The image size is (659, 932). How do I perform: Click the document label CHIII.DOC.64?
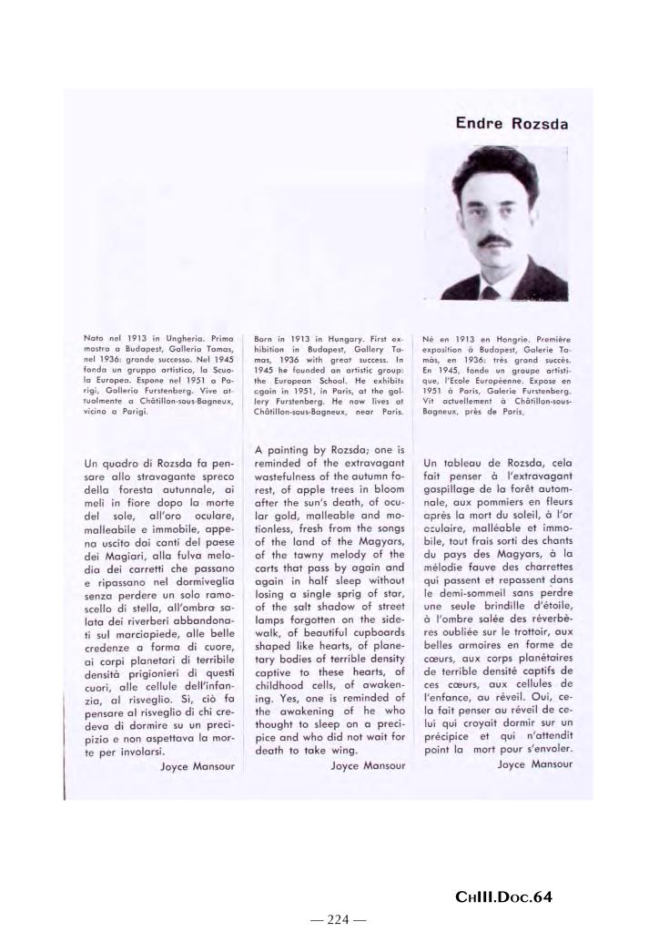tap(503, 897)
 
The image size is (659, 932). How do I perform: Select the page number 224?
tap(338, 918)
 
